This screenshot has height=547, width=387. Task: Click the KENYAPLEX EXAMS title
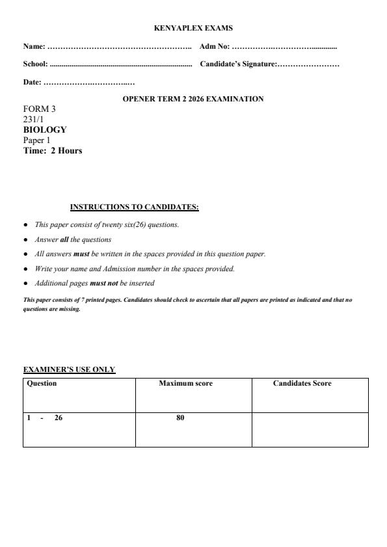[x=193, y=28]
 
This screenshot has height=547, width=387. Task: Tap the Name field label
[x=34, y=47]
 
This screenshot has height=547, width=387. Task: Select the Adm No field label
[x=215, y=47]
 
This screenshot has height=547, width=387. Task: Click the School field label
[x=36, y=64]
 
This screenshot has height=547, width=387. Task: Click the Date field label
[x=33, y=82]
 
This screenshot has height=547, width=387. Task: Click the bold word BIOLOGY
[x=45, y=129]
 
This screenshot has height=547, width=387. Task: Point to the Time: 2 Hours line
[x=53, y=151]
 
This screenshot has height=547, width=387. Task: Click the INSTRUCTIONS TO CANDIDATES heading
[x=134, y=207]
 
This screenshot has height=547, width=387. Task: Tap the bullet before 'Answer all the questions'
[x=25, y=239]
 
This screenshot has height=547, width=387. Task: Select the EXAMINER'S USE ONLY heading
[x=69, y=369]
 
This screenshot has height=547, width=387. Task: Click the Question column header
[x=42, y=384]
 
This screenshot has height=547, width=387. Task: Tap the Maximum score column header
[x=185, y=384]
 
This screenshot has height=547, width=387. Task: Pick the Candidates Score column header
[x=302, y=384]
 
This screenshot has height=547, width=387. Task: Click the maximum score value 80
[x=180, y=418]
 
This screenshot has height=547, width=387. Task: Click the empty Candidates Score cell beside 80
[x=310, y=429]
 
